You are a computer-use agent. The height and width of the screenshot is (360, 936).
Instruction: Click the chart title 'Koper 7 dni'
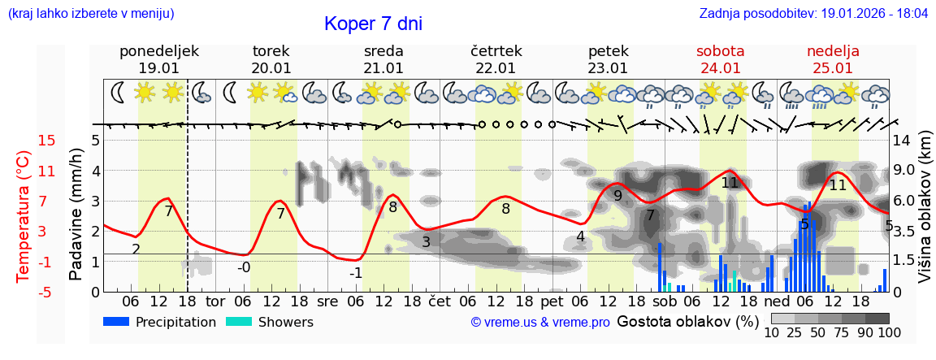[373, 24]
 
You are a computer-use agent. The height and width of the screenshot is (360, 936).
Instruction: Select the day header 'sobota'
[720, 51]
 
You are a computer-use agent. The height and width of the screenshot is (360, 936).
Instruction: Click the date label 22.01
[496, 68]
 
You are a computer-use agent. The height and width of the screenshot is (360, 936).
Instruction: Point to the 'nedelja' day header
[833, 51]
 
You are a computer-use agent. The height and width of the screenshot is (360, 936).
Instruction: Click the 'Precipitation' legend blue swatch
[116, 322]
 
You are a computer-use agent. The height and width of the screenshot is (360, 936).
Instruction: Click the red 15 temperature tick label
[47, 141]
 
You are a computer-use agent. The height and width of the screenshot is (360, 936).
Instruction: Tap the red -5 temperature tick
[47, 292]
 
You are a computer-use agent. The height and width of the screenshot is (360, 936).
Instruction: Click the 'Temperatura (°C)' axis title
[24, 216]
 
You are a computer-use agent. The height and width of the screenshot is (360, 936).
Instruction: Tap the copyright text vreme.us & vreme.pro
[540, 323]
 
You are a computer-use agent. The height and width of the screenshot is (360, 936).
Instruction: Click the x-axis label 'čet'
[439, 301]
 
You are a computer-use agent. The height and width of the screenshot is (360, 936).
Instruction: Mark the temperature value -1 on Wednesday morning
[355, 273]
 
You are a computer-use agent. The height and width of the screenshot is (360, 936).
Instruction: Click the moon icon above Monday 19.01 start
[119, 93]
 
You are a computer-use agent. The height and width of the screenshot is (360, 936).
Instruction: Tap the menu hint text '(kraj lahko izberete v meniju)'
[91, 14]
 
